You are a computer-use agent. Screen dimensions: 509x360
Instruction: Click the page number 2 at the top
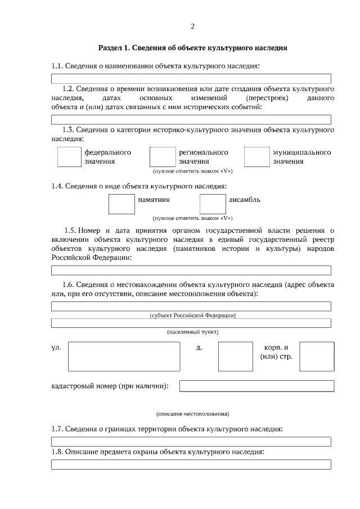(x=192, y=26)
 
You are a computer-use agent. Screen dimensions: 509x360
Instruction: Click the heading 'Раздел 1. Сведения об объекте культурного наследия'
(x=192, y=48)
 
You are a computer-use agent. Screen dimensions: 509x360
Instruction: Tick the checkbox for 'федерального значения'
(x=69, y=157)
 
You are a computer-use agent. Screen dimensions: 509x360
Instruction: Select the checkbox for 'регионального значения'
(x=163, y=157)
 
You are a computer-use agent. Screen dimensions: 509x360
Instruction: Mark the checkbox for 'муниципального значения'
(x=257, y=157)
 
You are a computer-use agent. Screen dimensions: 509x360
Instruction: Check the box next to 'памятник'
(x=121, y=204)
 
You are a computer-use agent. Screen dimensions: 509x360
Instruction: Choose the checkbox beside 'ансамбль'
(x=213, y=204)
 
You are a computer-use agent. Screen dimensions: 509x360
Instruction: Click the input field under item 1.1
(x=191, y=79)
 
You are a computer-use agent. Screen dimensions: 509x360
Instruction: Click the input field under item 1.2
(x=191, y=119)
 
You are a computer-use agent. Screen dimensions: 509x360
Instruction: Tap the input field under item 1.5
(x=191, y=270)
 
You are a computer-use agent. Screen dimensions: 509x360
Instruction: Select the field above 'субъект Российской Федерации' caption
(x=191, y=306)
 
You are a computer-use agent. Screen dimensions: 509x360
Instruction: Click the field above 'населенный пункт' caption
(x=191, y=323)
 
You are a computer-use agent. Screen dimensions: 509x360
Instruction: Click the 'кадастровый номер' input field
(x=256, y=386)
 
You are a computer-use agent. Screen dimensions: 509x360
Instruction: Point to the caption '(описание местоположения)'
(x=192, y=414)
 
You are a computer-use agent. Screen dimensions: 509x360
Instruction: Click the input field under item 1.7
(x=191, y=442)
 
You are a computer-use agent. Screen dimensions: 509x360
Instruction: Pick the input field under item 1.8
(x=191, y=464)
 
